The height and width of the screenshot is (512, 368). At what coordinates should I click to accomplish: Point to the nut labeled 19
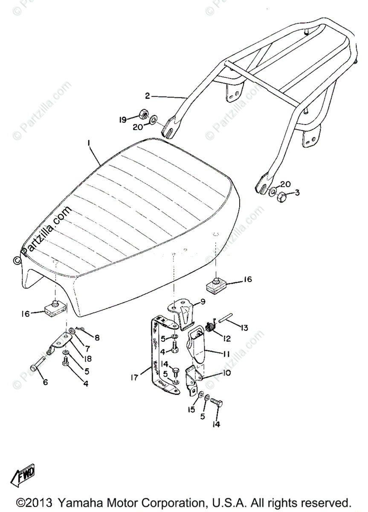pyautogui.click(x=144, y=114)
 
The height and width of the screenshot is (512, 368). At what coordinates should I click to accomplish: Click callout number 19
pyautogui.click(x=122, y=121)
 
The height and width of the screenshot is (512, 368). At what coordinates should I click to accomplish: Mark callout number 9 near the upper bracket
pyautogui.click(x=203, y=302)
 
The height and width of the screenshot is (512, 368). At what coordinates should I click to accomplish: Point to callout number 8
pyautogui.click(x=97, y=338)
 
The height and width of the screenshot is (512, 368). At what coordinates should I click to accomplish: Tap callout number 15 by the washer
pyautogui.click(x=192, y=409)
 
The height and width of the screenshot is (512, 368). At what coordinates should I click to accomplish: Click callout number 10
pyautogui.click(x=227, y=372)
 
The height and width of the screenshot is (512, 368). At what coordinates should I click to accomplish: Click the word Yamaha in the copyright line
pyautogui.click(x=81, y=502)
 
